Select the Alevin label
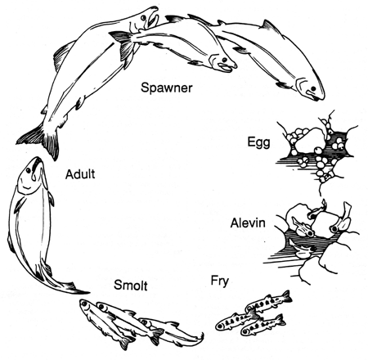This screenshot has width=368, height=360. coord(249,221)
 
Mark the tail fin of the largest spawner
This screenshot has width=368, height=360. coord(31,139)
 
